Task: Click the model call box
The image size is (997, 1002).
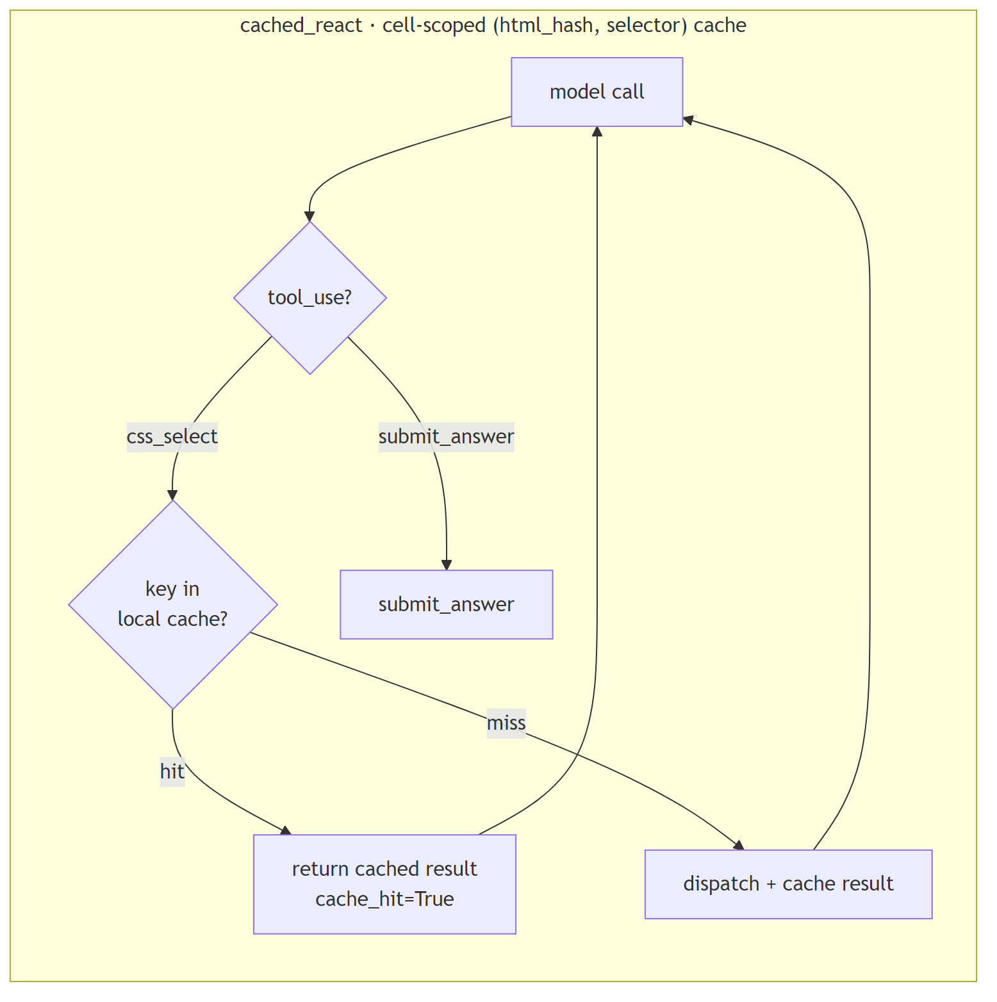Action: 597,92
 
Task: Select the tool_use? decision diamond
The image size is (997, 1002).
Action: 309,298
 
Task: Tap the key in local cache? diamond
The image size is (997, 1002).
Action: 172,604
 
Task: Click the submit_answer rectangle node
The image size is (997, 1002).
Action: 446,604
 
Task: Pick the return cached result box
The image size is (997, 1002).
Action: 384,883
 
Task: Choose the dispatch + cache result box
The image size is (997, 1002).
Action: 787,884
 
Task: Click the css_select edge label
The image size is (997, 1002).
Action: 172,437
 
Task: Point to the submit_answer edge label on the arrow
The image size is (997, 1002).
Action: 446,437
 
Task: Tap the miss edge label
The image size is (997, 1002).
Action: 506,723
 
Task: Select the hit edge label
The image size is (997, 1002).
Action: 172,771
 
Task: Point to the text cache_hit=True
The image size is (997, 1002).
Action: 384,899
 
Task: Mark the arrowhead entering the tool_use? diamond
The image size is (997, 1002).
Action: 309,217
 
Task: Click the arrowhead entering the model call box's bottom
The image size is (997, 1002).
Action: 597,131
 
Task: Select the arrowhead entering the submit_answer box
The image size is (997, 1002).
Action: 446,564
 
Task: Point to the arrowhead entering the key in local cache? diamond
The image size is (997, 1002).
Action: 172,495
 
